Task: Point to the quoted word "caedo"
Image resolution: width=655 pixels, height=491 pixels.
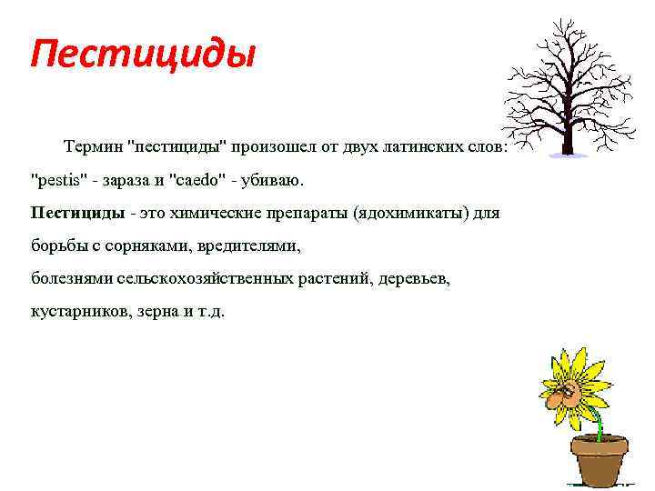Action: coord(194,180)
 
